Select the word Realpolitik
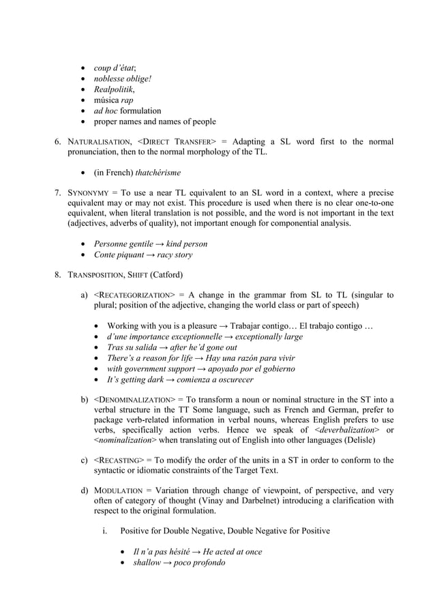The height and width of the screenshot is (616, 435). coord(114,89)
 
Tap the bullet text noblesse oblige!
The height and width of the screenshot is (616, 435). coord(123,78)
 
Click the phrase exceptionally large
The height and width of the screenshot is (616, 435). coord(266,336)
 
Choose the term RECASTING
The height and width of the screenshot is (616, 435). coord(123,460)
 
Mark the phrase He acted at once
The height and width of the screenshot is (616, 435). coord(232,551)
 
